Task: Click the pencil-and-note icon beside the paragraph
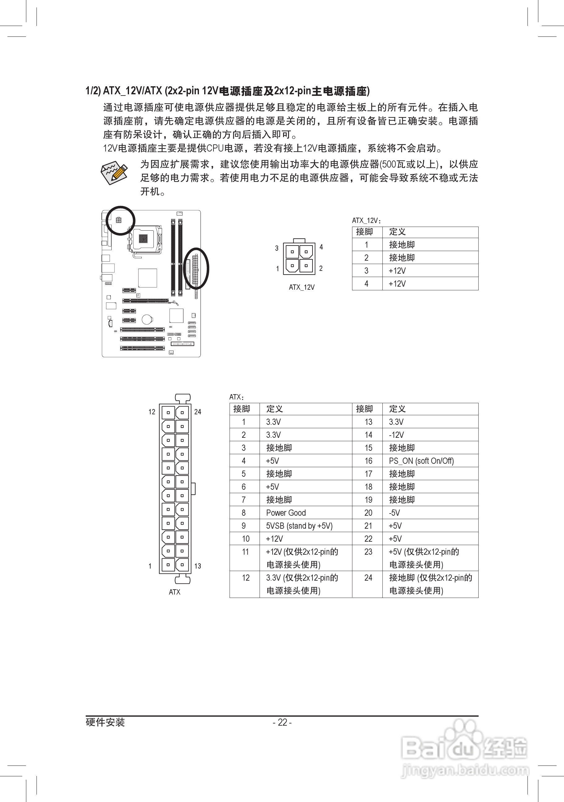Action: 114,173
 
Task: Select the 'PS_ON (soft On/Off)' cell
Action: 421,461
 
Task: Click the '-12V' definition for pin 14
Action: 396,435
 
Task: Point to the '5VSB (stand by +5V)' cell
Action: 299,526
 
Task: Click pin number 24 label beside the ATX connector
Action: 198,412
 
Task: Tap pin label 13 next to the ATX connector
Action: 198,566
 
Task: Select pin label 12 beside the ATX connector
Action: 152,412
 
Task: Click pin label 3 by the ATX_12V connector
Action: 277,248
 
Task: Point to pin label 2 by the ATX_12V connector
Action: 321,268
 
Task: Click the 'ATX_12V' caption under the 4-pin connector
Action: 302,287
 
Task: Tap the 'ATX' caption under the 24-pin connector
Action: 175,592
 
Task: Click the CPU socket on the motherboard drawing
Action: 143,239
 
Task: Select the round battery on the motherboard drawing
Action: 147,319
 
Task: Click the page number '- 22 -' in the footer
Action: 282,722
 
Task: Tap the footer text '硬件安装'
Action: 105,722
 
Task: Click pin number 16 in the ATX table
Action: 368,461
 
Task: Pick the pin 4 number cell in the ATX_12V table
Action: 366,284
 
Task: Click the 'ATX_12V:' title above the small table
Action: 366,220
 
